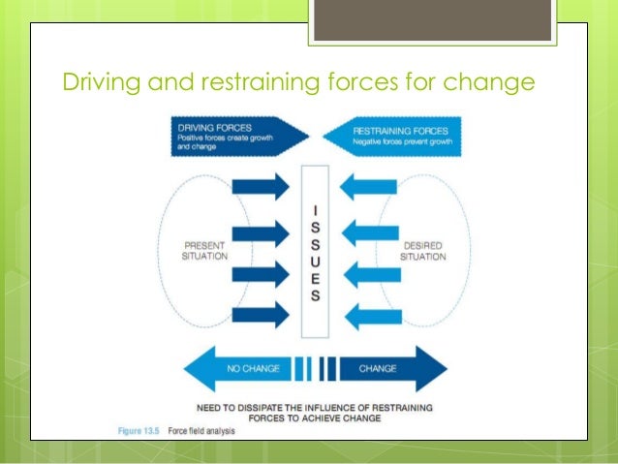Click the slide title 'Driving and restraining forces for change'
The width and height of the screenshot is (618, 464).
coord(298,84)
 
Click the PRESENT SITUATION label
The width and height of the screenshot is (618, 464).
coord(204,251)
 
